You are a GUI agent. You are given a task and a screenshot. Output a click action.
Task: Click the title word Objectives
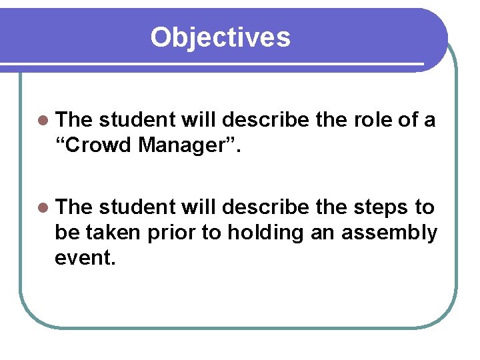220,37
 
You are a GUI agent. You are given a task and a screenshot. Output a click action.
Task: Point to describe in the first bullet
265,120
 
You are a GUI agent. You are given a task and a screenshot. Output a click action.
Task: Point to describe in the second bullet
265,207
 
